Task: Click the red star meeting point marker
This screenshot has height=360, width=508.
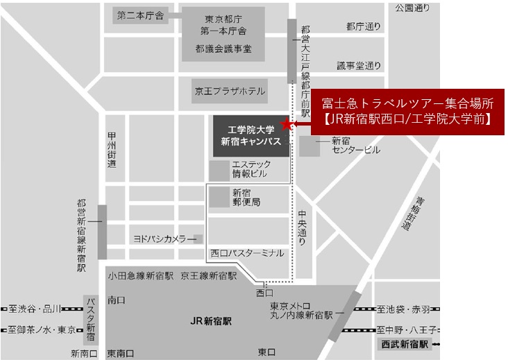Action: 286,125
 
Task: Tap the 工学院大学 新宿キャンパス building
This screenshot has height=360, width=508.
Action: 250,135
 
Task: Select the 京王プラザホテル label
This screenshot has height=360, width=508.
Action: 228,91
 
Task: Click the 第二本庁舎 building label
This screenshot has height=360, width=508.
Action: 141,15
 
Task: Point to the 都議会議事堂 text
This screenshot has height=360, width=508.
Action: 223,49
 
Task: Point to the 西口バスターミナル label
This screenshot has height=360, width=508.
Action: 247,254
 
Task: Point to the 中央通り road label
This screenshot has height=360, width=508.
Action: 301,229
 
